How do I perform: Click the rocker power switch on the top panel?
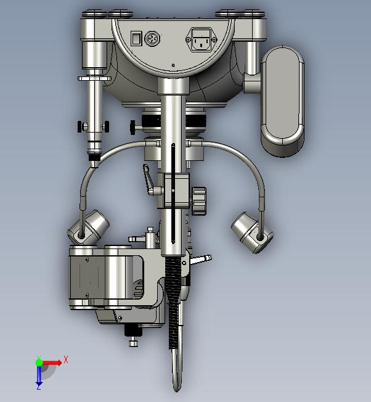(136, 38)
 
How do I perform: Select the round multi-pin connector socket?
(152, 38)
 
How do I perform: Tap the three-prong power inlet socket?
(202, 39)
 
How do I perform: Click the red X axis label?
(66, 359)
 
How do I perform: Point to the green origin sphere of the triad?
(39, 363)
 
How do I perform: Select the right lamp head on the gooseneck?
(252, 232)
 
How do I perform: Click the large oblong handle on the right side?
(283, 101)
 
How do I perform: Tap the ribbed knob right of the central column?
(199, 201)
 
